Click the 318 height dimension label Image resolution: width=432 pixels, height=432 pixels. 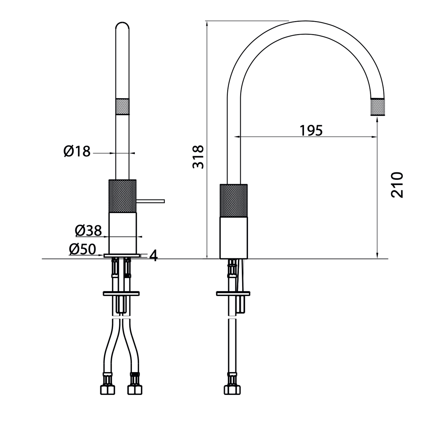pos(198,157)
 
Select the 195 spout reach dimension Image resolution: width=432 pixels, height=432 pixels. pos(311,130)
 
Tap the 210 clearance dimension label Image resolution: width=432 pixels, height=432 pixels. pos(397,185)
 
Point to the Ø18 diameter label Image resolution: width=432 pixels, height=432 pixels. pos(77,151)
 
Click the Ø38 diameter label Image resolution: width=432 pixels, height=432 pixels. pos(88,230)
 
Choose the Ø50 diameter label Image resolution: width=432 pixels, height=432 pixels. pos(82,249)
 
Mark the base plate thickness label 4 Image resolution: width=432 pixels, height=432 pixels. pos(154,256)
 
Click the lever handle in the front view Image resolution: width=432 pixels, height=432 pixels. pos(150,201)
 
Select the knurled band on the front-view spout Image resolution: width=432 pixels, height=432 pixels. pos(122,106)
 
